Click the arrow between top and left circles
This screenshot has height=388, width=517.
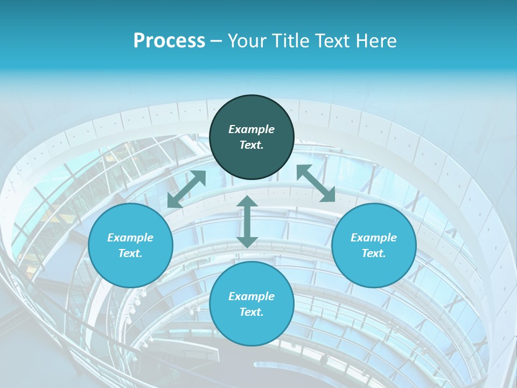click(x=187, y=189)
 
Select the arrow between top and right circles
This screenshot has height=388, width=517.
click(x=316, y=183)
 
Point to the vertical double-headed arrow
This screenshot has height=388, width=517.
click(x=247, y=222)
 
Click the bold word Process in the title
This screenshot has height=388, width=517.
click(x=169, y=41)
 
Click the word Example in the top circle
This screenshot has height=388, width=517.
click(x=251, y=129)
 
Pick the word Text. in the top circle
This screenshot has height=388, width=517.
click(x=251, y=145)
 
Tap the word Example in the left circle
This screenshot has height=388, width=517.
click(x=130, y=238)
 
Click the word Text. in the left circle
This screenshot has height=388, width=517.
click(x=130, y=253)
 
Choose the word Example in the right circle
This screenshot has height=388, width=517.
click(x=374, y=238)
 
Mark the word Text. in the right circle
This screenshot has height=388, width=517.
click(x=374, y=253)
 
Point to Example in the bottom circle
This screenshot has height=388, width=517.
click(x=251, y=296)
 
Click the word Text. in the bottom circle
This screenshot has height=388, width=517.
click(x=251, y=312)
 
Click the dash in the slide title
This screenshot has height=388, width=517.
click(x=216, y=41)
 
